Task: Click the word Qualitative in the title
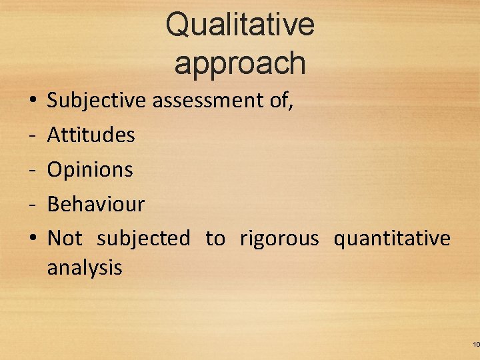(x=240, y=25)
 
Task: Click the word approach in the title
(x=240, y=63)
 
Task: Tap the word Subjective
(x=97, y=101)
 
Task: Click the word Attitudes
(x=91, y=135)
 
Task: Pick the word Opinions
(x=90, y=170)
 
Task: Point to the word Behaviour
(x=96, y=204)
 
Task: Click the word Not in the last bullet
(x=65, y=238)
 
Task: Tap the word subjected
(x=143, y=239)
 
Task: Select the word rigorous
(x=279, y=239)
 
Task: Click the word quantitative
(x=392, y=238)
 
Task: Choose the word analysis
(x=85, y=268)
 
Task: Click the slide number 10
(x=475, y=345)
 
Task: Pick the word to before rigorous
(x=215, y=238)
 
